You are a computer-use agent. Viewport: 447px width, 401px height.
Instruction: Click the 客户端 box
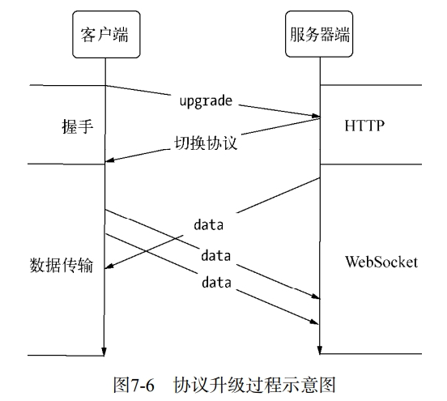pos(104,35)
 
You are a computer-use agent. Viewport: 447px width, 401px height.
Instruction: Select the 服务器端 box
pos(320,35)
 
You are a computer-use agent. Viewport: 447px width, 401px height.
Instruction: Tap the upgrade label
pos(206,101)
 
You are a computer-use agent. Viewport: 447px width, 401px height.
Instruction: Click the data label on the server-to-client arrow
pos(208,222)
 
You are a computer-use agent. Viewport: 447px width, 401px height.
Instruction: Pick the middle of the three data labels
pos(216,255)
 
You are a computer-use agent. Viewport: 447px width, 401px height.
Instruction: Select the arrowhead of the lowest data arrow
pos(315,322)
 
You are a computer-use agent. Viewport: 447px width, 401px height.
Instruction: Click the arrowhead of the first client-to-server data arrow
pos(315,296)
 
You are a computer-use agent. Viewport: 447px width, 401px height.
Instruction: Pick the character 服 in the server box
pos(296,35)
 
